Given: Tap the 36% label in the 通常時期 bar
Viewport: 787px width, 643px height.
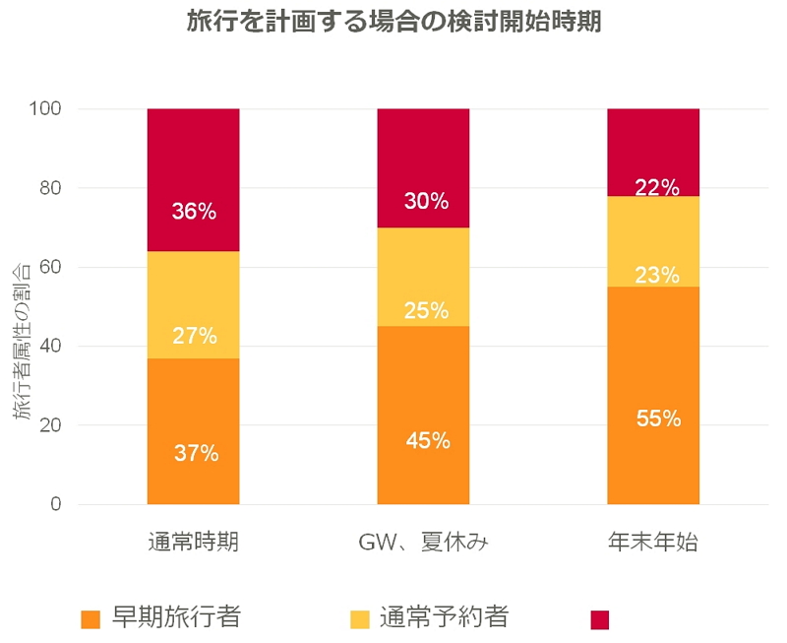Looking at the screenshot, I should point(194,211).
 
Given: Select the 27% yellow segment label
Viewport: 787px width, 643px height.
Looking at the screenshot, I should point(194,336).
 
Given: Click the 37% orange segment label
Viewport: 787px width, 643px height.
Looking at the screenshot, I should point(194,454).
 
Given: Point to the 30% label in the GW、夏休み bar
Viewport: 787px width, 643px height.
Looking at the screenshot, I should point(424,201).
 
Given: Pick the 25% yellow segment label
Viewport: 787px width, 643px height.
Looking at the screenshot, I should point(424,311).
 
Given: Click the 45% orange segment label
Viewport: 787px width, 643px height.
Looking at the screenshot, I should point(424,441).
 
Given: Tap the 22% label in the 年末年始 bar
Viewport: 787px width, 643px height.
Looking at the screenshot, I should point(654,187).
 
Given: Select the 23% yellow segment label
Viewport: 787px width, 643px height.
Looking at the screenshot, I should point(654,275).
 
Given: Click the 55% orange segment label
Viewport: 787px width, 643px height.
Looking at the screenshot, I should point(654,418).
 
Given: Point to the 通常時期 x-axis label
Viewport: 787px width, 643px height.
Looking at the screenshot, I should point(194,543).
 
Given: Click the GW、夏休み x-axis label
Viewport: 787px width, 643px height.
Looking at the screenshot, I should point(424,543).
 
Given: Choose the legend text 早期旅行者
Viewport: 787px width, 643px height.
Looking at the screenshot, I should point(175,617).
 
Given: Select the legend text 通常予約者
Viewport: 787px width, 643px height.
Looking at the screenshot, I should point(444,617).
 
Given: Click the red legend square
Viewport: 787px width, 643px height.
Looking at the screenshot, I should point(600,619).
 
